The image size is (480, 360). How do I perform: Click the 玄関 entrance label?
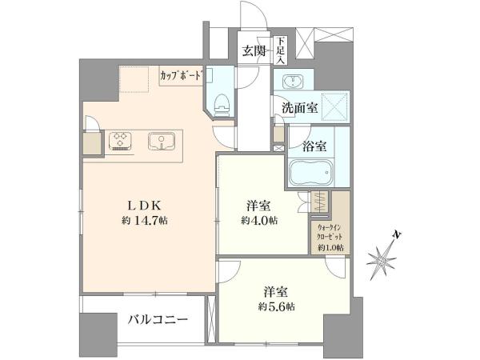tap(254, 51)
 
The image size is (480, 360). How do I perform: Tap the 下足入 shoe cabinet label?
tap(281, 50)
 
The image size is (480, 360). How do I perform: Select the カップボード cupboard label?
tap(182, 76)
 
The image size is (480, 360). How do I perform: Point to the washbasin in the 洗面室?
tap(294, 82)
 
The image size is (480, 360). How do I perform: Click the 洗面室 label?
tap(300, 107)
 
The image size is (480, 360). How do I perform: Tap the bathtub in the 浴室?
tap(310, 172)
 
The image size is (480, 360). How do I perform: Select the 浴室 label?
tap(314, 146)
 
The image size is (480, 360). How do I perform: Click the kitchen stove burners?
tap(121, 141)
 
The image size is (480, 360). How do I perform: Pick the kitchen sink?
tap(162, 142)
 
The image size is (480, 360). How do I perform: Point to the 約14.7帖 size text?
tap(145, 221)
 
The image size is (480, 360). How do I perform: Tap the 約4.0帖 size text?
tap(259, 221)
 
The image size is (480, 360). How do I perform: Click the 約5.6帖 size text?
tap(276, 306)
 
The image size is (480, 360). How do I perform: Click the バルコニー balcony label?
tap(158, 320)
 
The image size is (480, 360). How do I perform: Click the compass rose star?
tap(382, 260)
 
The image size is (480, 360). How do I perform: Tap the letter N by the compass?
tap(397, 235)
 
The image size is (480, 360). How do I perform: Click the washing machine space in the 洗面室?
tap(335, 107)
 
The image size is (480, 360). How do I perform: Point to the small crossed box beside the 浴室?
tap(278, 149)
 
